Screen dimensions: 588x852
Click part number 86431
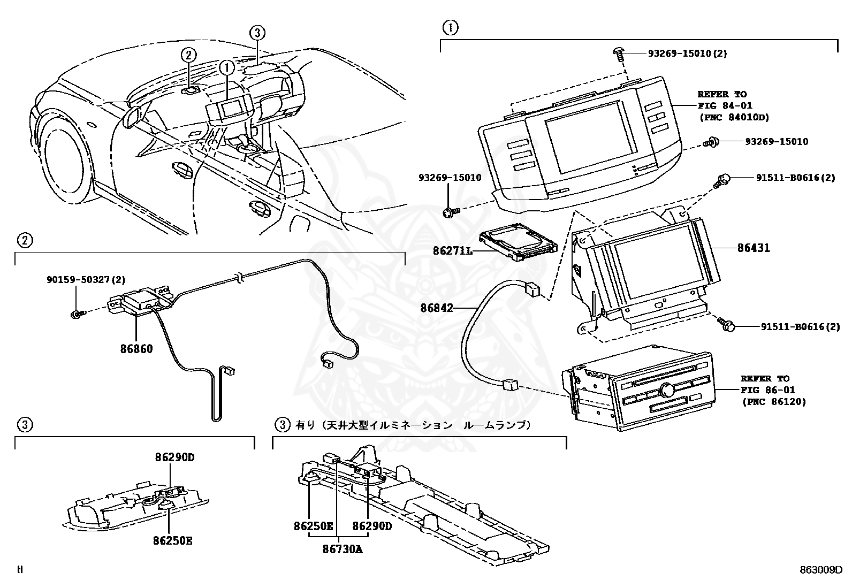(754, 248)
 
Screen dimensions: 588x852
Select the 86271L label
(452, 250)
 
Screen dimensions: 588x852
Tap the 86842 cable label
(436, 308)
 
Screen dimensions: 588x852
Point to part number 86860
(136, 349)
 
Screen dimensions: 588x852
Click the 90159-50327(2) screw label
(86, 279)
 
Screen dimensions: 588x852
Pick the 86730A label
(343, 548)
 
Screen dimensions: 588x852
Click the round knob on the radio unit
(666, 390)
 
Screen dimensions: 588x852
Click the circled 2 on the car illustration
(188, 54)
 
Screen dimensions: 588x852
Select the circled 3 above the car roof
(257, 33)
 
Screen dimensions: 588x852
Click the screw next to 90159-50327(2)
(77, 315)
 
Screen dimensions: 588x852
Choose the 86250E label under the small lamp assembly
(172, 540)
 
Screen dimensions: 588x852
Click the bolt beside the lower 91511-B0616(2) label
(726, 324)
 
